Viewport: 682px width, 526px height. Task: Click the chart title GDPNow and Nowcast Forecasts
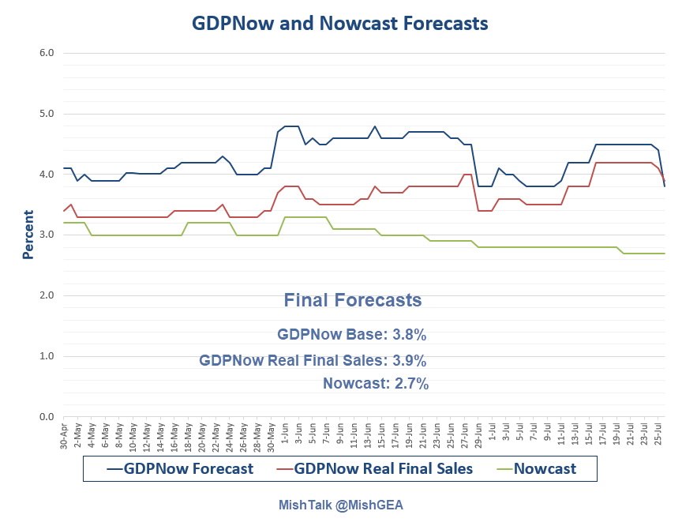click(x=340, y=24)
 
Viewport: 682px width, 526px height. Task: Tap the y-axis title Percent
click(x=28, y=235)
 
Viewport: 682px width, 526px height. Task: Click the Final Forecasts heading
click(x=352, y=301)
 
